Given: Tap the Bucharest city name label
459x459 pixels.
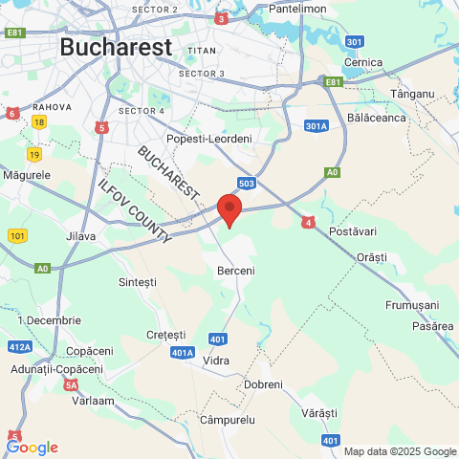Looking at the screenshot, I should tap(116, 46).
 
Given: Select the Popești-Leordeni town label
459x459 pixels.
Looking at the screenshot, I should tap(208, 139).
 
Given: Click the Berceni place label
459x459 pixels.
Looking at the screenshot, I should tap(236, 271).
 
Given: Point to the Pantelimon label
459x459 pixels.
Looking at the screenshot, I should tap(299, 8).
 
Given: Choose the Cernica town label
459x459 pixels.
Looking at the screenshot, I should tap(363, 63).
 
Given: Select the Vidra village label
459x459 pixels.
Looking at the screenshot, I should tap(217, 361).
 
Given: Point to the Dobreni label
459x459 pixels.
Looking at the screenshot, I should tap(264, 383).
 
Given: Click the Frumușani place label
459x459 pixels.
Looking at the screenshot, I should tap(411, 304).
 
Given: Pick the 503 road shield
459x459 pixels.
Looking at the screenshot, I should tap(248, 182).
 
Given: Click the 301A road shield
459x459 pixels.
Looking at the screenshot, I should tap(317, 125).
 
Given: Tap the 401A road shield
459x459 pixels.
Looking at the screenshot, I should tap(184, 353).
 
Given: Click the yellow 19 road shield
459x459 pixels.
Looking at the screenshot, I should tap(34, 154).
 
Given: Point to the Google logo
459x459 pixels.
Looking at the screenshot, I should tap(32, 447).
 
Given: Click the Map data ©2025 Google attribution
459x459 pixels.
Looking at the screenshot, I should tap(400, 451).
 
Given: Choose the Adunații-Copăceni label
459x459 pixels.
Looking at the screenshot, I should tap(55, 368).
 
